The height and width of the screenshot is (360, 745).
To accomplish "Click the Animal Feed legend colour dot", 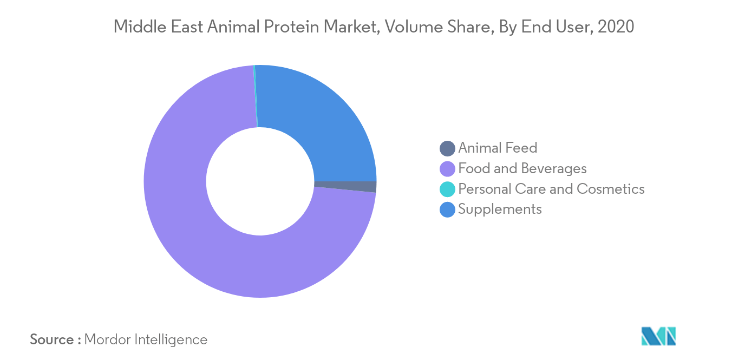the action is click(447, 148).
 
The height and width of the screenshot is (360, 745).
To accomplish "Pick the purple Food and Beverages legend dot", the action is click(447, 169).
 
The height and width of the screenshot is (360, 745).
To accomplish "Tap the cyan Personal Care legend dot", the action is click(447, 189).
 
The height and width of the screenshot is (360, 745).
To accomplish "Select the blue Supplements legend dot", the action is click(447, 210).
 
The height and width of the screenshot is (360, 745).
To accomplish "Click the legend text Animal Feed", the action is click(498, 148).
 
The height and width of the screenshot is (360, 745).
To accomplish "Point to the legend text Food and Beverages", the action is click(522, 168).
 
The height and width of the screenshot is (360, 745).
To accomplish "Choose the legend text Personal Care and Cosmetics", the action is click(551, 189).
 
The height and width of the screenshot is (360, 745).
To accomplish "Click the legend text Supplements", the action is click(500, 210).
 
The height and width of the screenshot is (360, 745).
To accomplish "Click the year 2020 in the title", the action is click(616, 27).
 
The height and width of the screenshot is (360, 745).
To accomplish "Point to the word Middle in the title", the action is click(140, 27).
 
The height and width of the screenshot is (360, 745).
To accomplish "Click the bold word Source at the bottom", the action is click(52, 339).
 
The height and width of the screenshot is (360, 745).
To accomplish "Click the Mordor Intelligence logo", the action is click(658, 336).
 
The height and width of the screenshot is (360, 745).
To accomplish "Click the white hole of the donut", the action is click(260, 181).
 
